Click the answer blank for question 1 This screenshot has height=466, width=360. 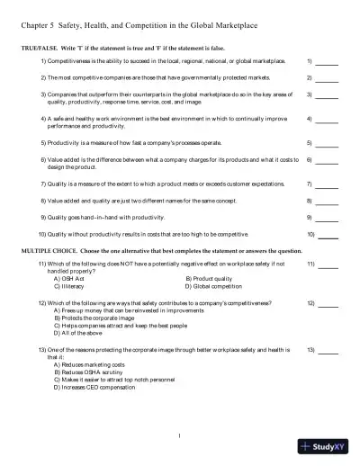pos(327,62)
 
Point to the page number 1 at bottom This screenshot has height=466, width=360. pos(180,437)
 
